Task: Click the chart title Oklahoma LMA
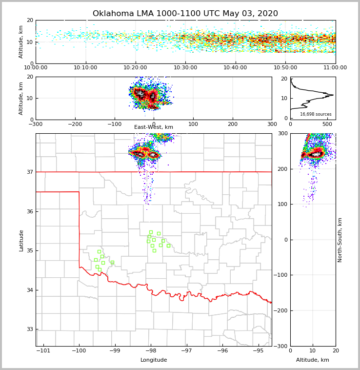click(185, 14)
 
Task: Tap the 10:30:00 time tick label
click(185, 67)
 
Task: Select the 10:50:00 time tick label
click(285, 67)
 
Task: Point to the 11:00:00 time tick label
click(335, 67)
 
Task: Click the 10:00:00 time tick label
click(36, 67)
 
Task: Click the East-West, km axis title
click(154, 127)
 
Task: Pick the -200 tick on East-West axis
click(75, 124)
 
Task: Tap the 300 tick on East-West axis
click(272, 124)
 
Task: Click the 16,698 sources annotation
click(316, 114)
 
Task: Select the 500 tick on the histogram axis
click(325, 124)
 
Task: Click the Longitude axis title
click(154, 360)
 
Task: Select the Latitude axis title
click(21, 240)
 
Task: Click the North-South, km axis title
click(340, 240)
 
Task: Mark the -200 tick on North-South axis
click(282, 310)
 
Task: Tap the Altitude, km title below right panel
click(313, 360)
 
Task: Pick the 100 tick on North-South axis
click(283, 204)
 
